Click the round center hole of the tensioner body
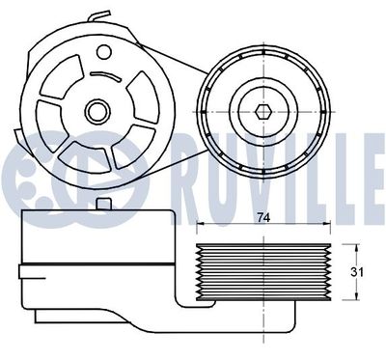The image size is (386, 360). [x=96, y=111]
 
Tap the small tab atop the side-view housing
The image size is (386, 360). [x=105, y=203]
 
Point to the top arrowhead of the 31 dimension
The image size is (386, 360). [x=347, y=244]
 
